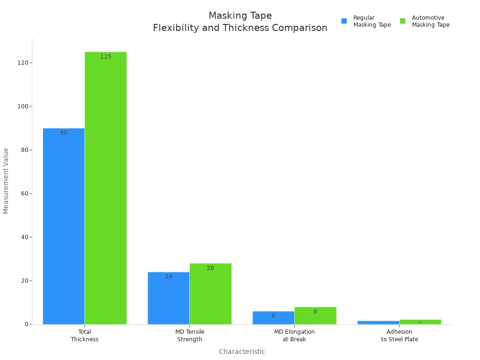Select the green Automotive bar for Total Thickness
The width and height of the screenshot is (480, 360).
point(105,188)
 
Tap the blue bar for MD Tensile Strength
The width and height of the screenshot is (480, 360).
point(168,298)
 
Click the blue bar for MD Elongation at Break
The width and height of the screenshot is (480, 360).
point(273,318)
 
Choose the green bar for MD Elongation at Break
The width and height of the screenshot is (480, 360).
point(315,315)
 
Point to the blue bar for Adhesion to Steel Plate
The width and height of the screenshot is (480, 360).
point(378,322)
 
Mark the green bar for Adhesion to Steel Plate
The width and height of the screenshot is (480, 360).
point(420,322)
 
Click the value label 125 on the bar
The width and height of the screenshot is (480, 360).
point(106,57)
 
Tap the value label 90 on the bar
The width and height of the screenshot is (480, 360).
point(64,133)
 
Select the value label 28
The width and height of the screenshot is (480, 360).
point(210,268)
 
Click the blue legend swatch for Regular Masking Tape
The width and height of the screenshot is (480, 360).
point(344,21)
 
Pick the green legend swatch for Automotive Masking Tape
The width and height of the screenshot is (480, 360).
point(403,21)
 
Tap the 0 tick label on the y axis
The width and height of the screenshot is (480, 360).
point(27,324)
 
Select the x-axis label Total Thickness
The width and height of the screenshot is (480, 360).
point(85,336)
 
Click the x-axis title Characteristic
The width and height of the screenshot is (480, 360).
point(242,352)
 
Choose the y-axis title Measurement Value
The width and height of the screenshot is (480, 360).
point(6,181)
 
